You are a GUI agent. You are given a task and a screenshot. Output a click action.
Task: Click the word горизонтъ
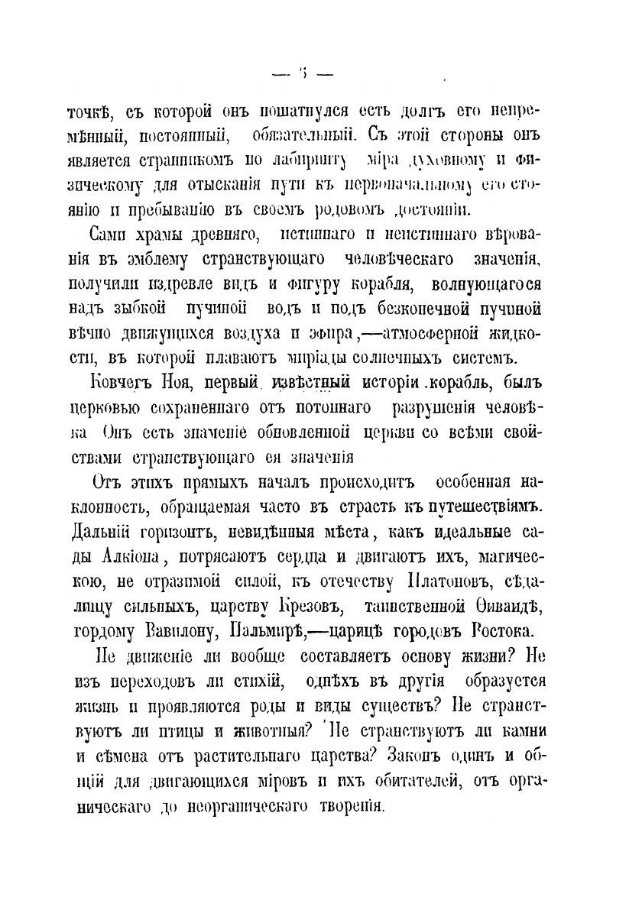[x=171, y=533]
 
